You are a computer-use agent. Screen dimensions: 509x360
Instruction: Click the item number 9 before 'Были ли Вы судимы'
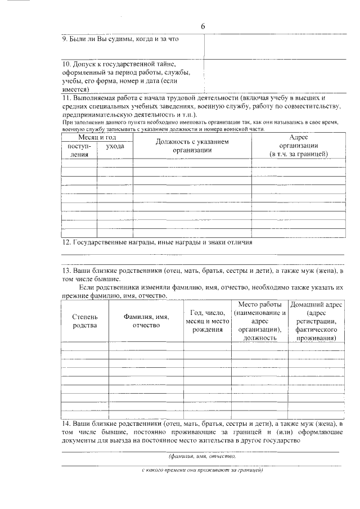(64, 39)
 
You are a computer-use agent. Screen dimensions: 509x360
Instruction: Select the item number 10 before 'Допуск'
(65, 64)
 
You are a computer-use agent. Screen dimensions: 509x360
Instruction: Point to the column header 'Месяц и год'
(97, 137)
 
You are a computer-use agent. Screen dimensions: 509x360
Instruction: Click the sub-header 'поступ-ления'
(79, 150)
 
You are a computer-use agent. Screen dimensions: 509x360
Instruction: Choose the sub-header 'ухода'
(115, 146)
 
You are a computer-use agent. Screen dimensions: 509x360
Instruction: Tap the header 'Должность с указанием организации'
(192, 146)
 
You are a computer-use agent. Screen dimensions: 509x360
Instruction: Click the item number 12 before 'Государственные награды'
(65, 242)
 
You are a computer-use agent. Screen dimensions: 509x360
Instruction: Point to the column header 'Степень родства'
(84, 321)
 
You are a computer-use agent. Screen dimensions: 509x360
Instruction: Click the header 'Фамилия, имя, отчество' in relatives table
(146, 321)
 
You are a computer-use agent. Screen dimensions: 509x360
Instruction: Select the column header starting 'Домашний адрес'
(317, 321)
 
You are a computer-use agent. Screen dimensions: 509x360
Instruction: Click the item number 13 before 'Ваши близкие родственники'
(65, 271)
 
